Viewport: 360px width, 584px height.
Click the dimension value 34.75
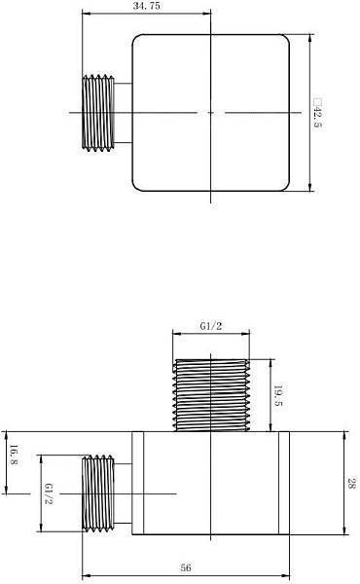145,6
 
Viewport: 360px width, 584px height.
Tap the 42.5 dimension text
317,113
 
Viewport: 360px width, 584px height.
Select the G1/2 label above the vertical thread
211,327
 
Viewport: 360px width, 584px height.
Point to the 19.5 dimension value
279,395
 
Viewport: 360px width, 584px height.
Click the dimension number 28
351,484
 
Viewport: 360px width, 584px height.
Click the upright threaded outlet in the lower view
211,395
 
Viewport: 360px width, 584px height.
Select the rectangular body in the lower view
211,484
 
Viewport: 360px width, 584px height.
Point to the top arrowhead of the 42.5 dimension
309,40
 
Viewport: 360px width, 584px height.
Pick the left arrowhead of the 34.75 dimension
85,15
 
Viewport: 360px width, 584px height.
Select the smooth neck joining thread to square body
123,113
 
